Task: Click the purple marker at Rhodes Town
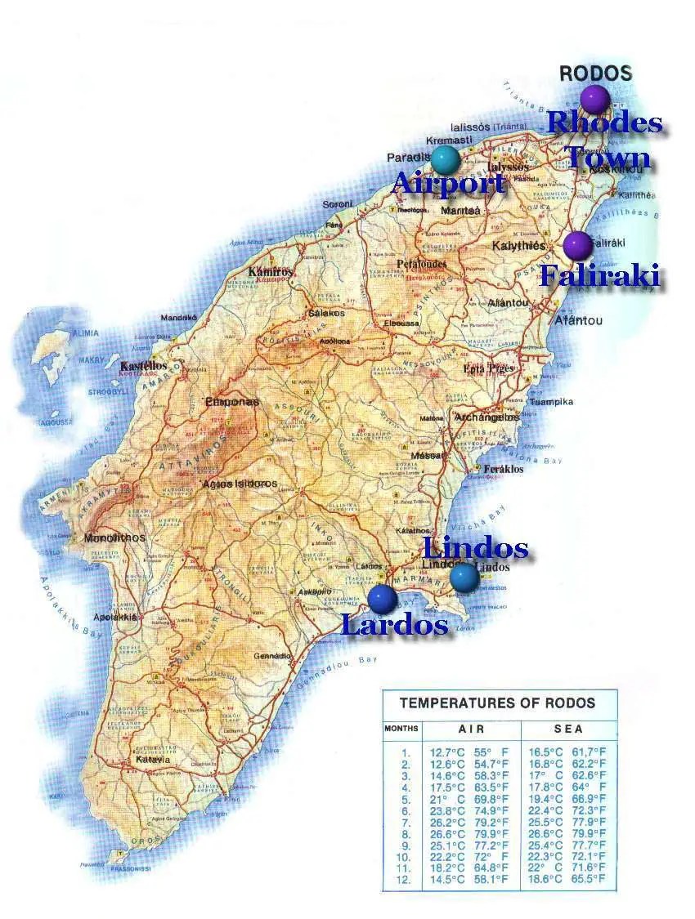tap(595, 99)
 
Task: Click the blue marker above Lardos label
tap(382, 599)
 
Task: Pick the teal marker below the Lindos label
tap(464, 577)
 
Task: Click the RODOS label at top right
tap(595, 74)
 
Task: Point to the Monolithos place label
tap(114, 538)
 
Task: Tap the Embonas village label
tap(231, 402)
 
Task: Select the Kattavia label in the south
tap(153, 760)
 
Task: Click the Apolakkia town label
tap(114, 618)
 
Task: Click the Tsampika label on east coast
tap(552, 402)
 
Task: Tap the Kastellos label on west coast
tap(143, 367)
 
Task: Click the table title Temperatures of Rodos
tap(497, 703)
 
